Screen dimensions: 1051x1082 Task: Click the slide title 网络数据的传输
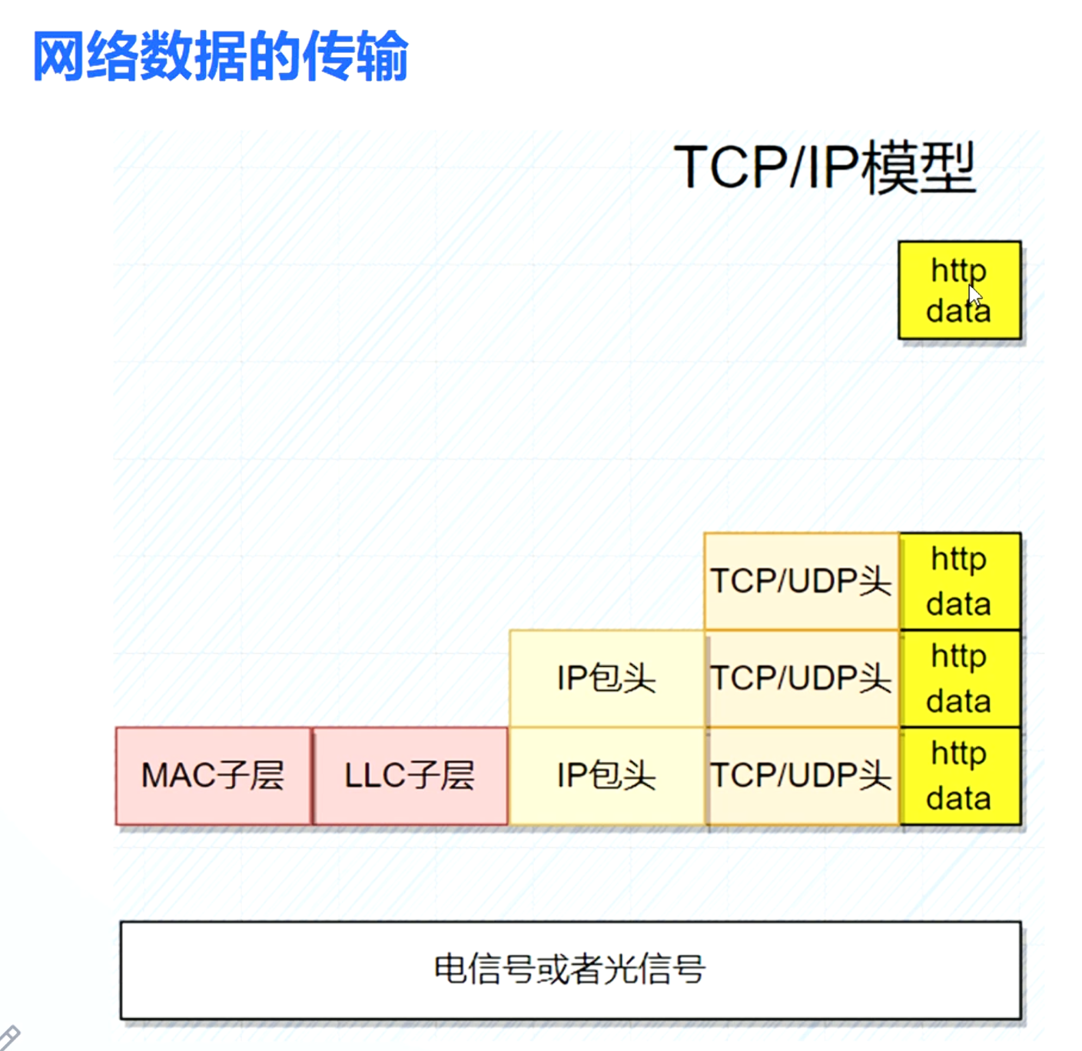221,56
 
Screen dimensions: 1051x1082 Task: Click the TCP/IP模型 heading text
824,167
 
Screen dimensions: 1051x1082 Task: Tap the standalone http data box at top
959,290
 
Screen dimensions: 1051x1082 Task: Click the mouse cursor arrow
974,296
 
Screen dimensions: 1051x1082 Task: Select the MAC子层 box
214,776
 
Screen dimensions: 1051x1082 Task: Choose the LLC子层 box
410,776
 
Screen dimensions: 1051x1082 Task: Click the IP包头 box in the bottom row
606,776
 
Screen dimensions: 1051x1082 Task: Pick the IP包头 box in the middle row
606,678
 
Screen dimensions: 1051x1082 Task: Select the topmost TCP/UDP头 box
801,582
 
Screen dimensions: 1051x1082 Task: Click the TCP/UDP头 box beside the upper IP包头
801,678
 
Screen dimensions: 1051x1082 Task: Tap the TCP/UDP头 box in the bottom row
801,776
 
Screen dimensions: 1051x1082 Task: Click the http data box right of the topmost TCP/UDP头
959,582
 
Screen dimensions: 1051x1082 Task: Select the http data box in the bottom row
959,776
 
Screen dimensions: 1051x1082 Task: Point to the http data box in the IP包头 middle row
959,678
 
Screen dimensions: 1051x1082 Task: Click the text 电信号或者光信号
569,969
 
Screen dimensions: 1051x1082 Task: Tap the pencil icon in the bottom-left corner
9,1038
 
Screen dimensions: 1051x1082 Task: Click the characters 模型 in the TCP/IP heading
918,167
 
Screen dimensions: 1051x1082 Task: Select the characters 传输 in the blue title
355,56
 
